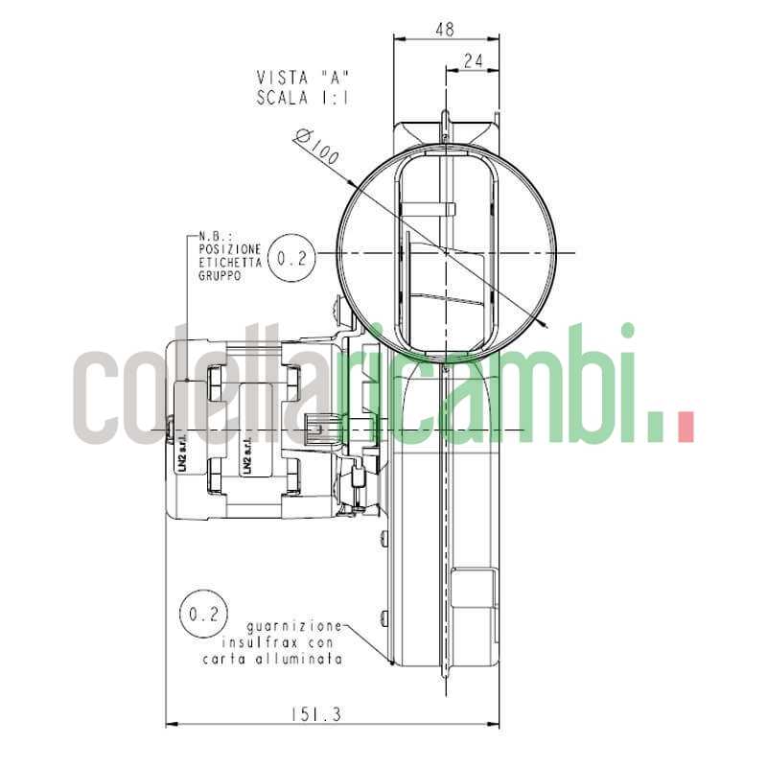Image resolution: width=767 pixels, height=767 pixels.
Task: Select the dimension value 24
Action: [473, 59]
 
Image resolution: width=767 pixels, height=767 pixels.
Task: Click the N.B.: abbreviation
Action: [213, 236]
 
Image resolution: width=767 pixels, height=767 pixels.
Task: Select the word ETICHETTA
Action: [228, 262]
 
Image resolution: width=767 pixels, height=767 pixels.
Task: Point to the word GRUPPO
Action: [220, 274]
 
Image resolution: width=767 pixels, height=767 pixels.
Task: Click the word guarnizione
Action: [293, 625]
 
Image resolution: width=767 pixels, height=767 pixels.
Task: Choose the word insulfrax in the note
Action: [258, 642]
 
